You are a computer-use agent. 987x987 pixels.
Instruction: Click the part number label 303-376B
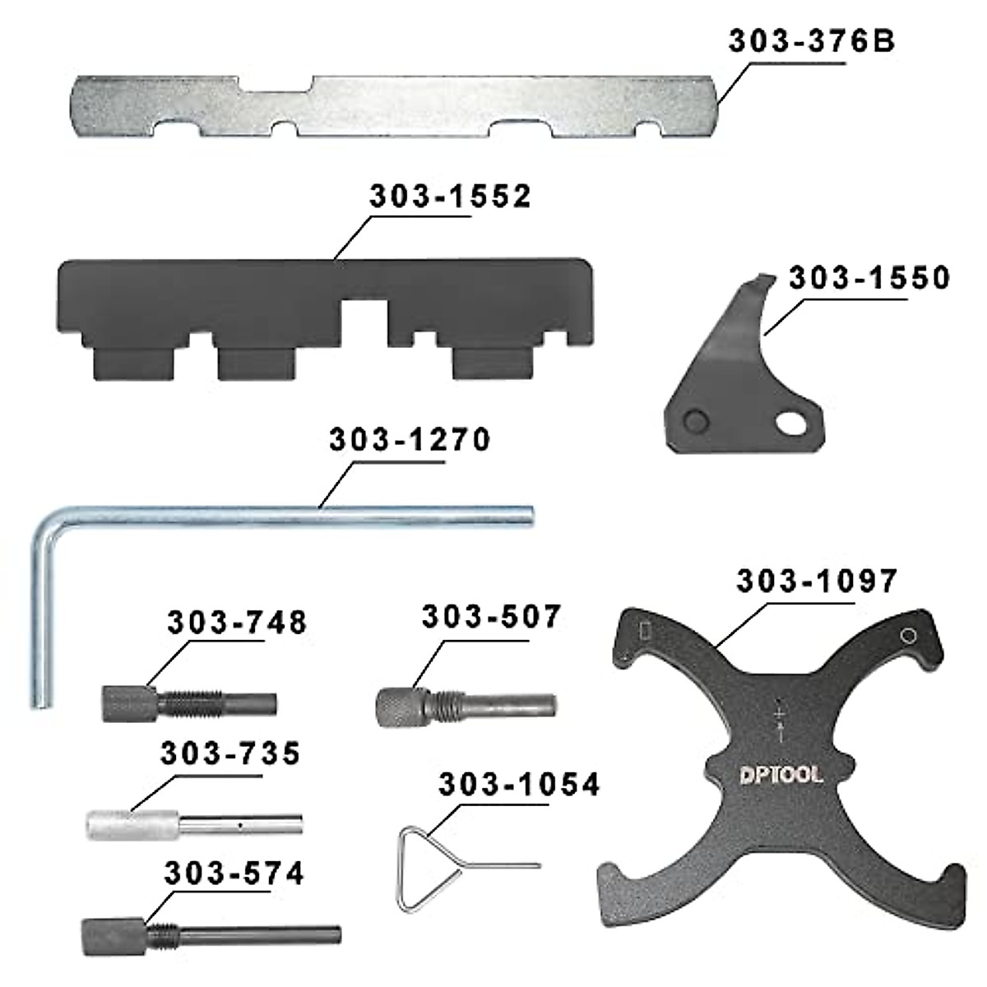(812, 41)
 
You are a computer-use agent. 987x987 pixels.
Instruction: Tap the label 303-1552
(450, 197)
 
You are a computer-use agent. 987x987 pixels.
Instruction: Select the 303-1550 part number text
(869, 279)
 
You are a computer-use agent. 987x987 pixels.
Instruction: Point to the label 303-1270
(410, 440)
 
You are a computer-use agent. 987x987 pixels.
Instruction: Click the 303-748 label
(237, 623)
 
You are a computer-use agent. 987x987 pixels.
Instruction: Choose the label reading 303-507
(491, 617)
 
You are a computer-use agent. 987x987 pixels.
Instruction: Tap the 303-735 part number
(231, 753)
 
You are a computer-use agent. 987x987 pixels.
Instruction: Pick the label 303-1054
(519, 785)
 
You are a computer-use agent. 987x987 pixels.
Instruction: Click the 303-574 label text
(234, 873)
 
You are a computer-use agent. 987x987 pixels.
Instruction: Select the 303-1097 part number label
(817, 582)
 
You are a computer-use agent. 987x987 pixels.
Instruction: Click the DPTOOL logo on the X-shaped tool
(780, 775)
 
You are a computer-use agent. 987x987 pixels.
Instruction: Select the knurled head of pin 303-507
(399, 705)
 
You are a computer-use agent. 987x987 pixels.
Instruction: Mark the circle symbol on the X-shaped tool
(908, 635)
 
